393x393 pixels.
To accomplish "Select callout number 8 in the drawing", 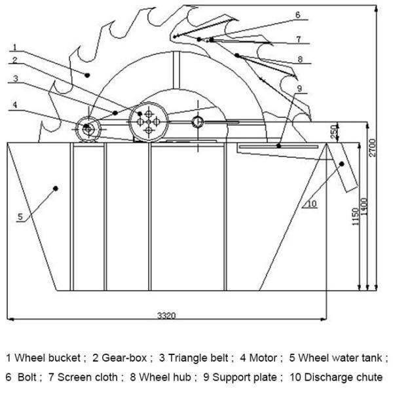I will [x=299, y=59].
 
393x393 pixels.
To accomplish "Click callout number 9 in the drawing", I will [x=299, y=88].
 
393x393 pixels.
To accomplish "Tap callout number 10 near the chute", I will [x=311, y=204].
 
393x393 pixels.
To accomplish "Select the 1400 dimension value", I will [x=365, y=208].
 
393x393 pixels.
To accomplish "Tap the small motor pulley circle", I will [x=88, y=127].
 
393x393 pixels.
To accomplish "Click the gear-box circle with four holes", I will [x=149, y=122].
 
